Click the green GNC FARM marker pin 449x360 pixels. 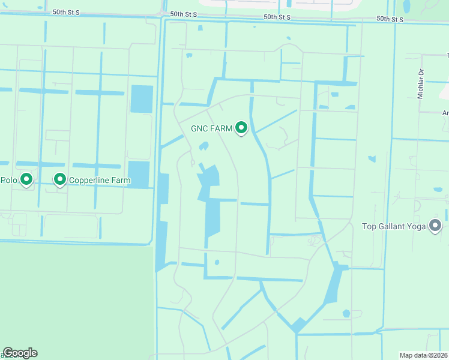coord(241,128)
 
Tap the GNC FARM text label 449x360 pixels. coord(211,128)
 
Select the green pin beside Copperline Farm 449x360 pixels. coord(60,179)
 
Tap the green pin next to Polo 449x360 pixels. coord(26,179)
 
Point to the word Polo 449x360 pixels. coord(8,179)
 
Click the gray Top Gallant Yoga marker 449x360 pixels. coord(436,226)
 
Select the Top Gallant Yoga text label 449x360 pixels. coord(393,226)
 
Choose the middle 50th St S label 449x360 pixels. coord(188,14)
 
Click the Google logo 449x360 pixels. coord(20,353)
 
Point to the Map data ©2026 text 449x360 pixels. coord(423,355)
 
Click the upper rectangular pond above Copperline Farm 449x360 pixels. coord(142,98)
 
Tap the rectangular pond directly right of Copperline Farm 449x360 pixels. coord(139,175)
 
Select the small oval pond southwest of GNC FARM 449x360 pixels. coord(203,146)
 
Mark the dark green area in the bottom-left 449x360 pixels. coord(72,300)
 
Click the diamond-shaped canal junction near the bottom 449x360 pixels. coord(298,326)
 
